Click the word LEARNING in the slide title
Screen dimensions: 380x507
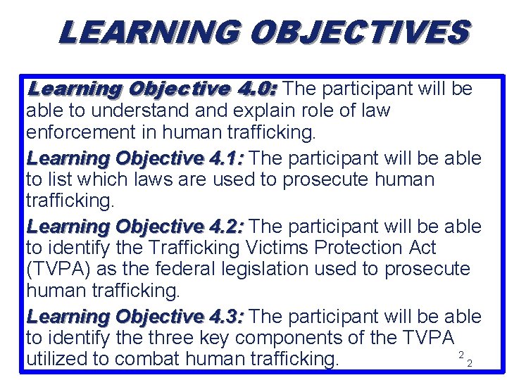[x=149, y=32]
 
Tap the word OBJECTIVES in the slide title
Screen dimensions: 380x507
[x=358, y=32]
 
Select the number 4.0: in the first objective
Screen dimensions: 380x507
[x=258, y=89]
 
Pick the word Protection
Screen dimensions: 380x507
[x=361, y=248]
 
